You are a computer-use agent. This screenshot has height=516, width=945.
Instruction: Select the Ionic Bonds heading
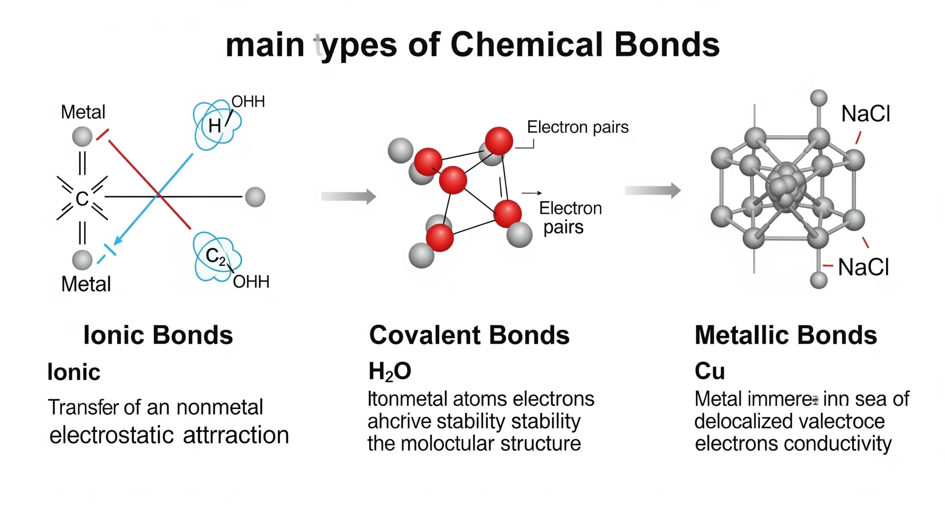click(x=158, y=335)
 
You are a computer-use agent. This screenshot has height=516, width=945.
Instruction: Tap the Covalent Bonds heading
click(x=469, y=335)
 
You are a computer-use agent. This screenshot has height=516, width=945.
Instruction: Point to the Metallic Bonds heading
click(x=786, y=335)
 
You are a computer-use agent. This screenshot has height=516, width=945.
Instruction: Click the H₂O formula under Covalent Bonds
click(x=389, y=371)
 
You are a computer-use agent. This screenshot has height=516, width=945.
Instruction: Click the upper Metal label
click(x=83, y=112)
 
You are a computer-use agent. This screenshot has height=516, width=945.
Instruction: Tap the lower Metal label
click(x=86, y=284)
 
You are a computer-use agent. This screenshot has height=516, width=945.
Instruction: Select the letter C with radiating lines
click(x=82, y=198)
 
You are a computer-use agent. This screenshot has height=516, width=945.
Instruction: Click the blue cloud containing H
click(x=217, y=125)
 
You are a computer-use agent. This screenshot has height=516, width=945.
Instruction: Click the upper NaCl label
click(x=866, y=113)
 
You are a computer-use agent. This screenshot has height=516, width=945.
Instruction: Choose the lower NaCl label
click(x=863, y=267)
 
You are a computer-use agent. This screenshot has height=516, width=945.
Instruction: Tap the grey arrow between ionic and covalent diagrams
click(x=348, y=196)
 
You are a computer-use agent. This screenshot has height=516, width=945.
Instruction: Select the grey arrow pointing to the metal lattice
click(x=652, y=191)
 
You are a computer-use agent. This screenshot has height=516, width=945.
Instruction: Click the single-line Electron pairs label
click(x=577, y=127)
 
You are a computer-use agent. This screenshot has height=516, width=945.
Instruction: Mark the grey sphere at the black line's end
click(x=255, y=197)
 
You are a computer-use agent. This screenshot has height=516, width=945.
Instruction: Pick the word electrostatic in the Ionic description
click(x=111, y=435)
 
